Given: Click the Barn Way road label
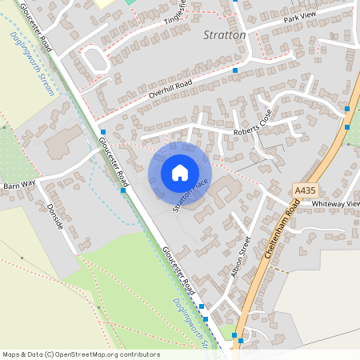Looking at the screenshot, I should (x=21, y=184).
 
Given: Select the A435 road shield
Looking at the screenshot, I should (x=304, y=190).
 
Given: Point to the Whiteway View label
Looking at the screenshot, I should (x=335, y=204).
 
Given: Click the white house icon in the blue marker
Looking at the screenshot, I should (x=180, y=173).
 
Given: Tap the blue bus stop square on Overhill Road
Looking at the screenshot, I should (x=235, y=70).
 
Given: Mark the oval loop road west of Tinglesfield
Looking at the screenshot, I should (x=95, y=59).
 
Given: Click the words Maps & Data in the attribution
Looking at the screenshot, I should (x=22, y=354).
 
